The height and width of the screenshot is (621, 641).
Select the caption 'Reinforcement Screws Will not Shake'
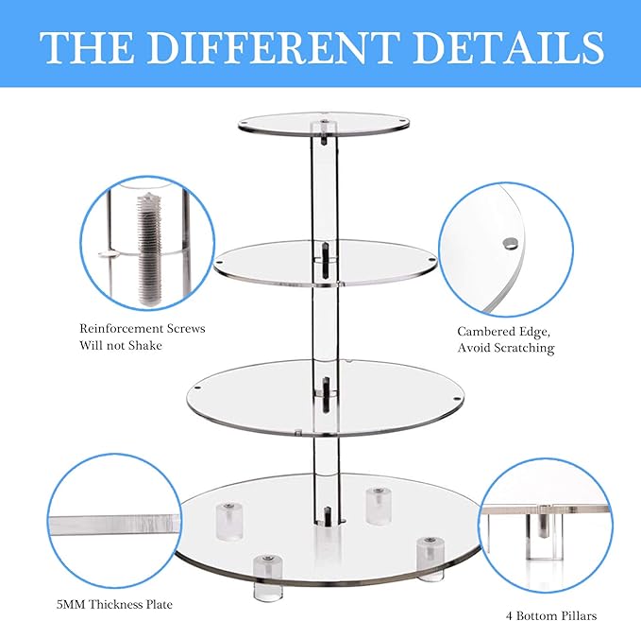point(142,336)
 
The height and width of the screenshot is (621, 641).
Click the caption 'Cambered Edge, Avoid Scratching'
point(506,339)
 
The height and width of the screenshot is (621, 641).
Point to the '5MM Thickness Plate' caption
point(113,604)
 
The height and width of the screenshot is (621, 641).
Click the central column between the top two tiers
point(321,189)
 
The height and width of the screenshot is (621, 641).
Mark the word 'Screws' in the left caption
point(182,328)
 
